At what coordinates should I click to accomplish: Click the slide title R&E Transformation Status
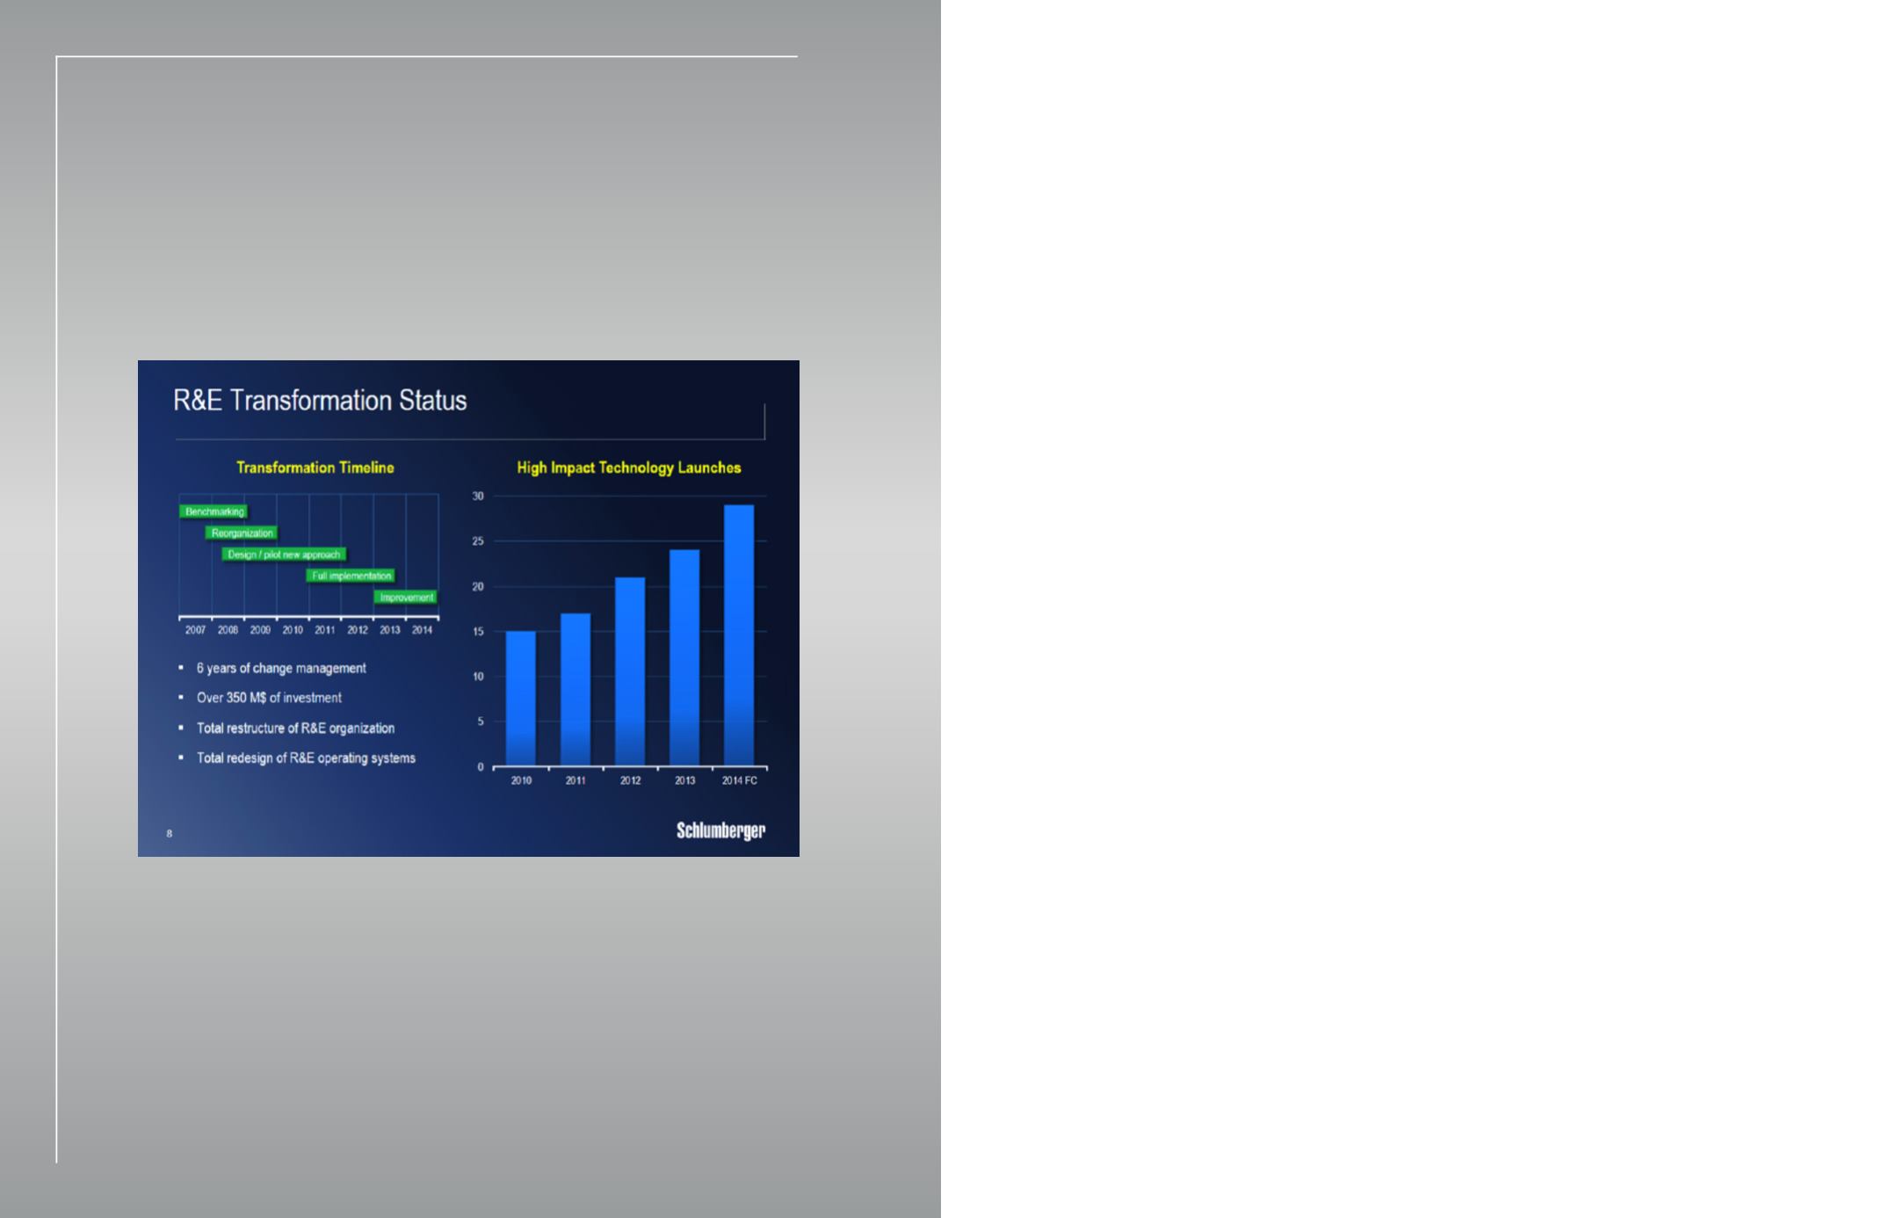pos(320,401)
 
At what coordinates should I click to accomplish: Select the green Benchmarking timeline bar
pos(214,511)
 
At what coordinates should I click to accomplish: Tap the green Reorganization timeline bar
pos(242,533)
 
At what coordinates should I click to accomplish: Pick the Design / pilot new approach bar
pos(284,555)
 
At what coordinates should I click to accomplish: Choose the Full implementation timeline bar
pos(351,576)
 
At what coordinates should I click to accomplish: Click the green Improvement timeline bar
pos(406,598)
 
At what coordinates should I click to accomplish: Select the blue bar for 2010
pos(521,699)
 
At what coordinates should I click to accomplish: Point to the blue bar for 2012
pos(630,672)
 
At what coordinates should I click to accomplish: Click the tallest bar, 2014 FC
pos(739,635)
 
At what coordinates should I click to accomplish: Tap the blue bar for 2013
pos(684,658)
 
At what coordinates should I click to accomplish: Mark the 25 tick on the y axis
pos(478,541)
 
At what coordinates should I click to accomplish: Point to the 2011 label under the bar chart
pos(575,780)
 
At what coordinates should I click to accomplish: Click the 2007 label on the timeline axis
pos(195,630)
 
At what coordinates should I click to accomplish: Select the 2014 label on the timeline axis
pos(422,630)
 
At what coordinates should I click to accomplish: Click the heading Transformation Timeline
pos(315,468)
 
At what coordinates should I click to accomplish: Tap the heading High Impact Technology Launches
pos(629,468)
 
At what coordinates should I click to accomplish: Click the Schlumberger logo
pos(720,831)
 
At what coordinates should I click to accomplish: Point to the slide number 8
pos(170,833)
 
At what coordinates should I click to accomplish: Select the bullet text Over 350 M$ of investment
pos(269,698)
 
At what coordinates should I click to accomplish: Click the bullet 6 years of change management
pos(281,669)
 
